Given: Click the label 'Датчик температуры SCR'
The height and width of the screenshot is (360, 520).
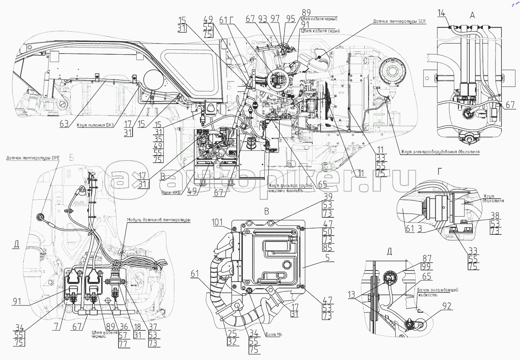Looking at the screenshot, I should click(x=399, y=22).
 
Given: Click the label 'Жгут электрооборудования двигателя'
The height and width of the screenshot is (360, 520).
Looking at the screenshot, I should click(x=440, y=152).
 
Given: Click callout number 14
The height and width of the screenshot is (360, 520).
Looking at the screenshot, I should click(x=441, y=14).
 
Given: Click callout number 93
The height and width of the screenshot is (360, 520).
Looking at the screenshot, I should click(x=263, y=19).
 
